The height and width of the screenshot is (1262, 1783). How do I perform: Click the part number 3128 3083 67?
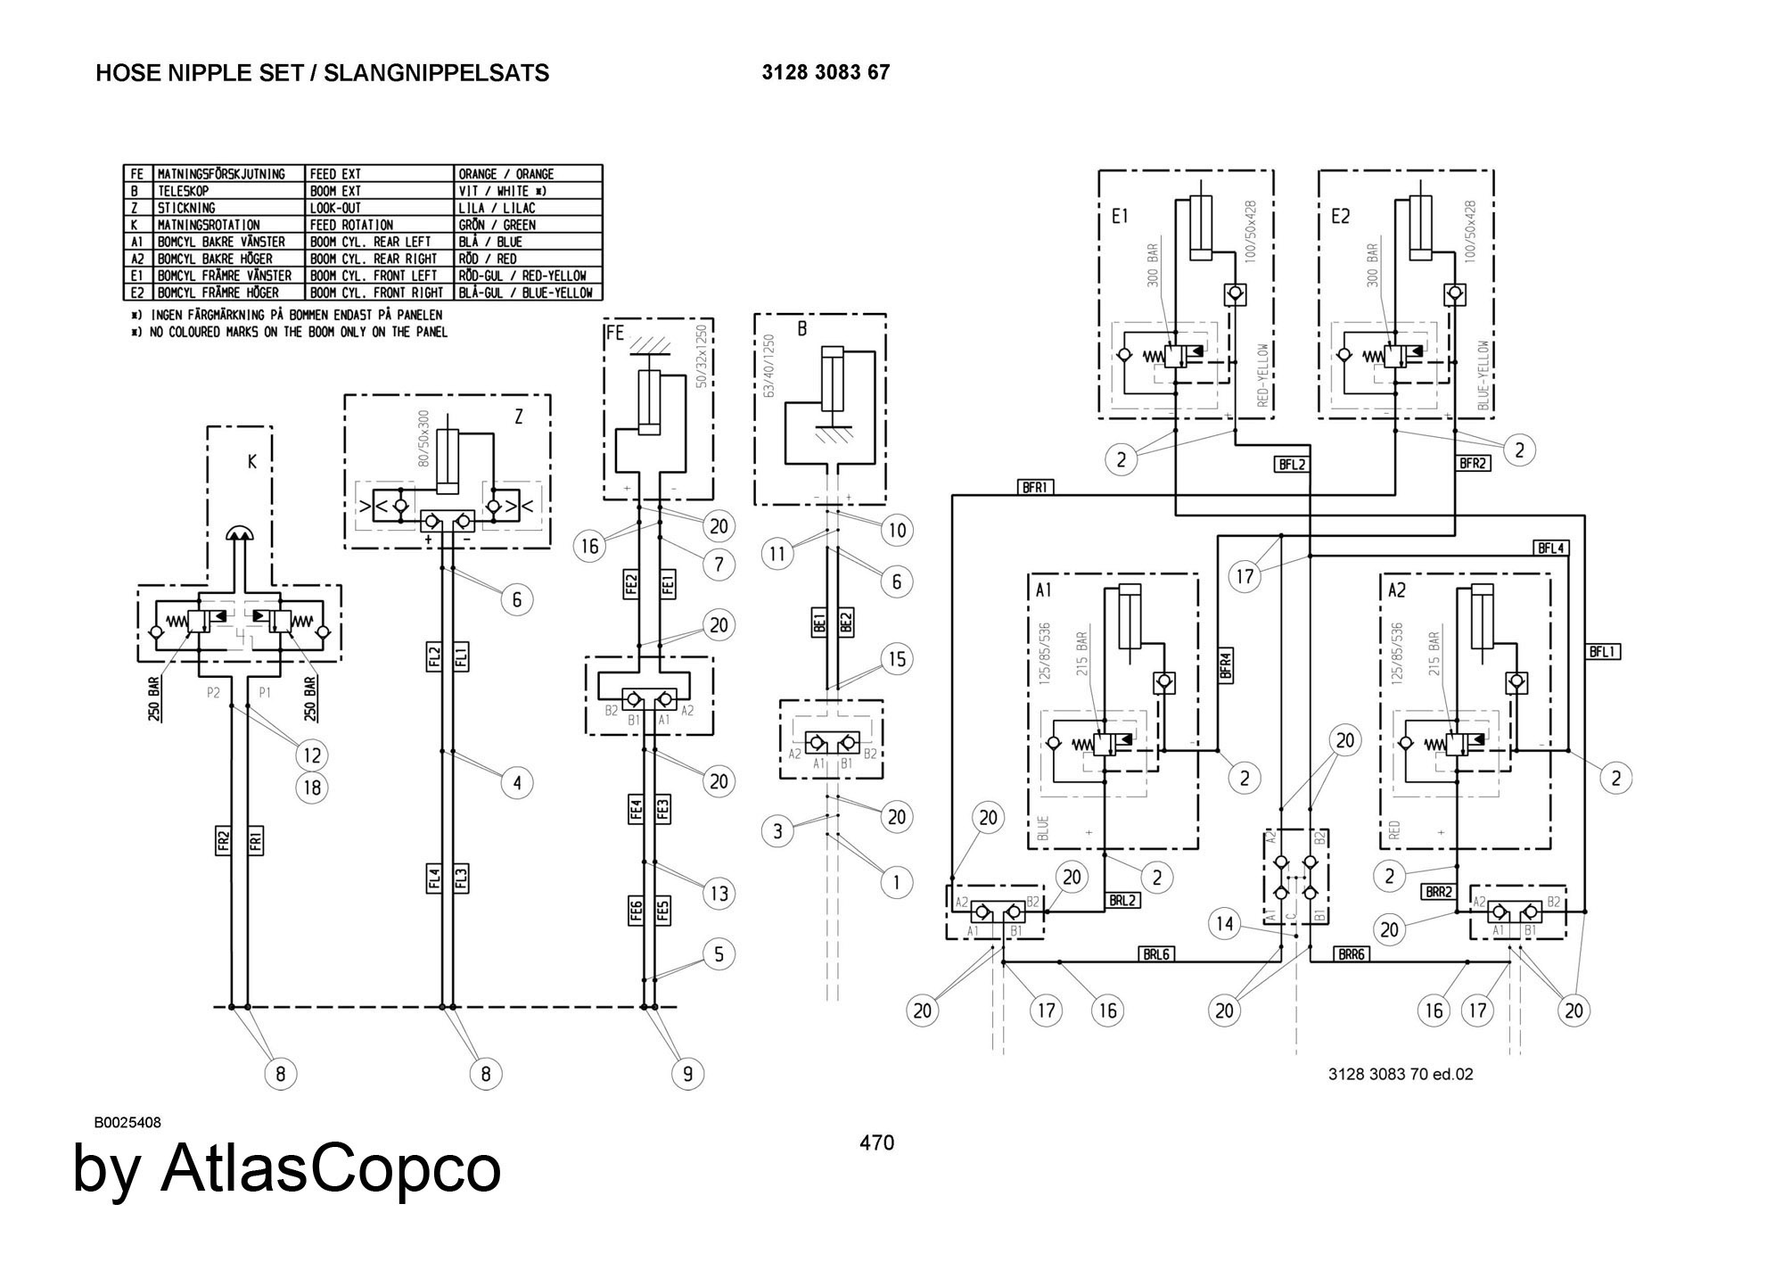[825, 72]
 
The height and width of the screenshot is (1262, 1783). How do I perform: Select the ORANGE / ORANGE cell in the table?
[505, 174]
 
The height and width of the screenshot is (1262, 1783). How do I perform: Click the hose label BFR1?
[1035, 487]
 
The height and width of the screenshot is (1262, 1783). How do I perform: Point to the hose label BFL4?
[1551, 549]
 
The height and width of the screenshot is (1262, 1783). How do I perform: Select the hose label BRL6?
[1155, 953]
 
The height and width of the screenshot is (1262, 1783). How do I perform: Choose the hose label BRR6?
[1352, 953]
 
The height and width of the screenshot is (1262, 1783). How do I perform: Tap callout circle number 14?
[1225, 924]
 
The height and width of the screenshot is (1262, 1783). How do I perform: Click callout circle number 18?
[312, 788]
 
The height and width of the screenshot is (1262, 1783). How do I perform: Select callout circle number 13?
[719, 893]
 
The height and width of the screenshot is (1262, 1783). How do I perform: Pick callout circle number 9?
[687, 1073]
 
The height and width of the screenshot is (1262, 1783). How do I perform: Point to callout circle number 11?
[777, 554]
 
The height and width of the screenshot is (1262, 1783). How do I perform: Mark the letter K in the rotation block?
[252, 463]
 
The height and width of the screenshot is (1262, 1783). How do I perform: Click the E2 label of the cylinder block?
[1340, 217]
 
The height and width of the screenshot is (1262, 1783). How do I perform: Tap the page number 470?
[876, 1142]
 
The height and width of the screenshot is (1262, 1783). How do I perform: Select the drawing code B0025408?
[127, 1123]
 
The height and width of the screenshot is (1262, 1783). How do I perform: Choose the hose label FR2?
[224, 842]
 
